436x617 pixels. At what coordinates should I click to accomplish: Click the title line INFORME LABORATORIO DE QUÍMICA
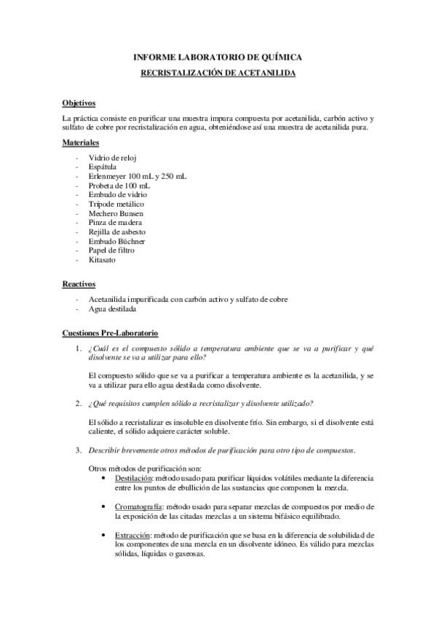218,57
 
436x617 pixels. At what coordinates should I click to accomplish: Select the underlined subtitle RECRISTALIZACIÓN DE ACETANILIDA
218,73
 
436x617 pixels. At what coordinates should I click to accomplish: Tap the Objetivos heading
79,103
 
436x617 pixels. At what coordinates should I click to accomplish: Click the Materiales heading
81,143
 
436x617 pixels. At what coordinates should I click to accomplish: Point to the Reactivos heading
79,284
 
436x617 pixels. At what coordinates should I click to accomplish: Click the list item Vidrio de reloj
113,157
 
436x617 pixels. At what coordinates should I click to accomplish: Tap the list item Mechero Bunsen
116,213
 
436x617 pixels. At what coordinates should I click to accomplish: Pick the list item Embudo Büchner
116,241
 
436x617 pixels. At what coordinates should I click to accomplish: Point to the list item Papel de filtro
111,250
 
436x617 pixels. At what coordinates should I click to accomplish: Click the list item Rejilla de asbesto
116,232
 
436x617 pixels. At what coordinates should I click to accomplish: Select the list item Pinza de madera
115,223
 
